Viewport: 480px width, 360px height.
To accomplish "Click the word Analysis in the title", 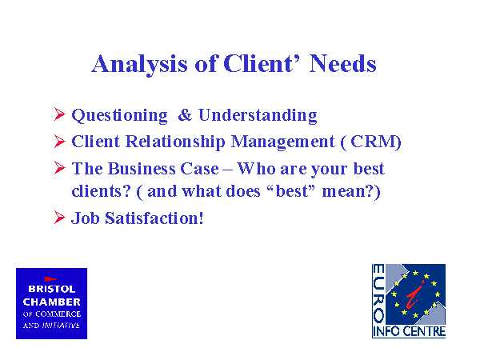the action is pyautogui.click(x=139, y=65).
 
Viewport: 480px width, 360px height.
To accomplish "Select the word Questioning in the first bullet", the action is pyautogui.click(x=119, y=116).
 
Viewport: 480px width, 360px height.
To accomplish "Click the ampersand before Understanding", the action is pyautogui.click(x=185, y=115).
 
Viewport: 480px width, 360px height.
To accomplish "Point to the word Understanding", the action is pyautogui.click(x=258, y=116).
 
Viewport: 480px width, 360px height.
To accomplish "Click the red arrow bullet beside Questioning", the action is pyautogui.click(x=59, y=114).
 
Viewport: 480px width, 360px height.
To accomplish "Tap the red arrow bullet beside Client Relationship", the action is pyautogui.click(x=59, y=141).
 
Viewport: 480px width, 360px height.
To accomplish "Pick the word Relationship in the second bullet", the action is pyautogui.click(x=175, y=142).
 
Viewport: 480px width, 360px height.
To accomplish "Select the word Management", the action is pyautogui.click(x=283, y=142).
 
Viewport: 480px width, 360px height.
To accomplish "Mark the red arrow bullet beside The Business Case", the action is pyautogui.click(x=59, y=168).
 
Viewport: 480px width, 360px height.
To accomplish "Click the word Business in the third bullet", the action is pyautogui.click(x=142, y=169).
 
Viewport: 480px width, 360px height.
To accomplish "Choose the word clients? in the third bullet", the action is pyautogui.click(x=102, y=191).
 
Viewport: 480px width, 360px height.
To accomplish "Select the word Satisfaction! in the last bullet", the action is pyautogui.click(x=154, y=218).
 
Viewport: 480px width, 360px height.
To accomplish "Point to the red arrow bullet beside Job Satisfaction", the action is pyautogui.click(x=59, y=218).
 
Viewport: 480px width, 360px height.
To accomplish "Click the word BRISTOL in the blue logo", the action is pyautogui.click(x=51, y=289).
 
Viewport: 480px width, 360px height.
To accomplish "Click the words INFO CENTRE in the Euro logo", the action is pyautogui.click(x=409, y=332).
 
